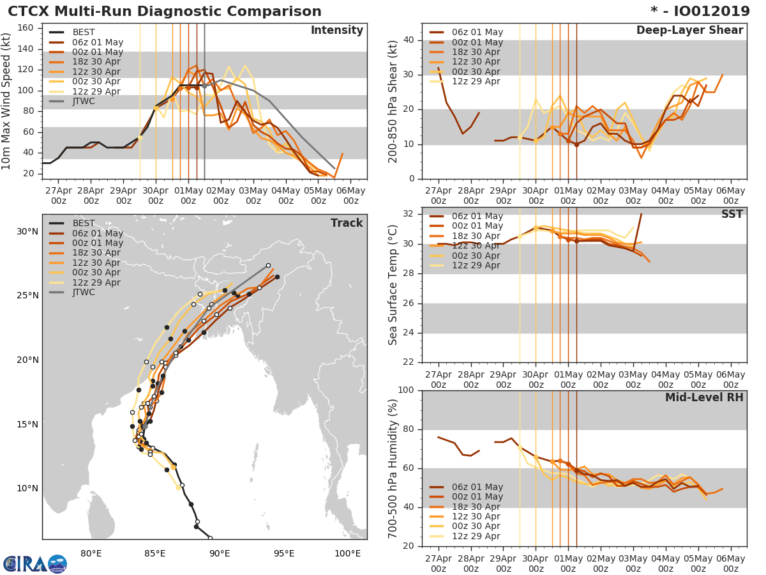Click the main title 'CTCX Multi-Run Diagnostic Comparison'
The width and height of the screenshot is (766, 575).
(x=165, y=11)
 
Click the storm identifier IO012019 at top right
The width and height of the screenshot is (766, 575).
(x=700, y=11)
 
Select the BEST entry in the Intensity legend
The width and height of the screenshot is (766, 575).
(x=83, y=32)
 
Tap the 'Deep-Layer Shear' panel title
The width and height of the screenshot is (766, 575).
(x=689, y=31)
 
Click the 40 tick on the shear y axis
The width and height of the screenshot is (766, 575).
(x=409, y=40)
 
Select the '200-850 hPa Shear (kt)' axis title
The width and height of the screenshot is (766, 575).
(x=394, y=101)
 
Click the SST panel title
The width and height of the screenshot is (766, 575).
(x=732, y=214)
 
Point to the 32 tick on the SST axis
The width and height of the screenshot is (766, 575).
(x=409, y=214)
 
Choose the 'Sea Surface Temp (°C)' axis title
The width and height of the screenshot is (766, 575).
(x=394, y=285)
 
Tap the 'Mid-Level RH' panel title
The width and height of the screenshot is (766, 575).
(x=704, y=397)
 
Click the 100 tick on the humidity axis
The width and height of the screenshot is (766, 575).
(x=407, y=390)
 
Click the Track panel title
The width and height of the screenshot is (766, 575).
(x=346, y=223)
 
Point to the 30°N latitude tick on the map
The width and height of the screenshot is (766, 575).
(x=27, y=231)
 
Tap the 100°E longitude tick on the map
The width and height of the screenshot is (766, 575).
(x=347, y=553)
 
